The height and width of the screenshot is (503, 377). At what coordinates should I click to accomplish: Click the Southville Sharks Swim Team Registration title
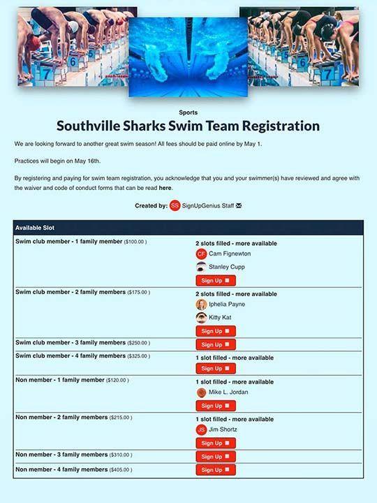click(188, 126)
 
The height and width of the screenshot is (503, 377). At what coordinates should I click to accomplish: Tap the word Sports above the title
click(188, 112)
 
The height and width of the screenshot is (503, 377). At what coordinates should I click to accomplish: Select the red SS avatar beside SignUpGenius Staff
click(175, 206)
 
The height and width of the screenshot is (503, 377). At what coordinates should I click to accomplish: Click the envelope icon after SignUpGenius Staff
click(239, 206)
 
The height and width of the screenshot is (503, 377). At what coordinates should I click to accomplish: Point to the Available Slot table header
click(35, 228)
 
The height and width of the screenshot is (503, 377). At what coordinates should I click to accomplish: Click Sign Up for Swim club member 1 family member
click(215, 280)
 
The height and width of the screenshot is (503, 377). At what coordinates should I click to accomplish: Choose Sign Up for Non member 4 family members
click(215, 470)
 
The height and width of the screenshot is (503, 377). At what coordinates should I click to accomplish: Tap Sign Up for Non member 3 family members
click(215, 456)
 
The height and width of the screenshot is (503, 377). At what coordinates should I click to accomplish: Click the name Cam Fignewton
click(230, 254)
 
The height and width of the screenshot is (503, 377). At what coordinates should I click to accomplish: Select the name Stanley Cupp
click(227, 267)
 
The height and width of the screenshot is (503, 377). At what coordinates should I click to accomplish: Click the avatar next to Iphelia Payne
click(202, 305)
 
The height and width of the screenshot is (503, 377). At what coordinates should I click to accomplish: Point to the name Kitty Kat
click(221, 317)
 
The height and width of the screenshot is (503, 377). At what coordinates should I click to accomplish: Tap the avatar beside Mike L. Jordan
click(202, 393)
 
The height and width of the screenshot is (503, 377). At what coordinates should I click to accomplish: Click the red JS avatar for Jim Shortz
click(202, 430)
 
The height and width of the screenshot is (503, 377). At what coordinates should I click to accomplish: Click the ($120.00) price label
click(117, 380)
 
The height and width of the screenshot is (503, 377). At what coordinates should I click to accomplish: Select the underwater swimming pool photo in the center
click(188, 57)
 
